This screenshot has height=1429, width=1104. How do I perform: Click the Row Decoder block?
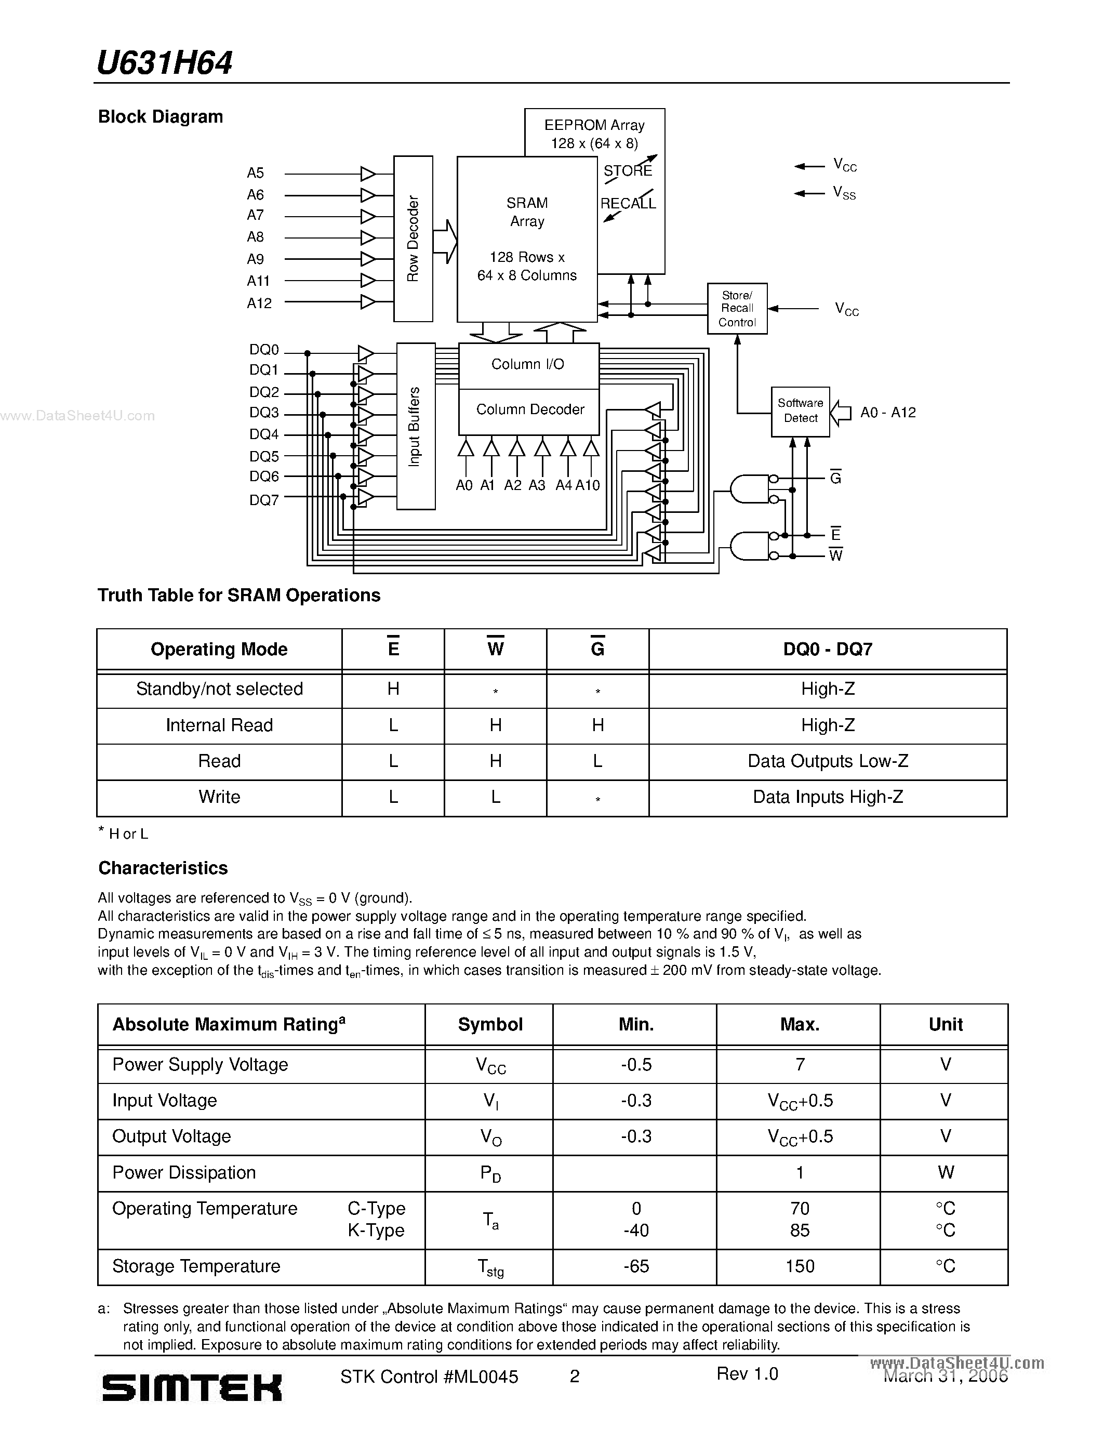coord(413,239)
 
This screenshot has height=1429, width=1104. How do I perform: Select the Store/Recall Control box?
coord(737,309)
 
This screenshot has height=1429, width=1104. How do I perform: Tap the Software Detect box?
coord(801,412)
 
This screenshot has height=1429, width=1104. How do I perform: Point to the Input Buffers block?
coord(415,427)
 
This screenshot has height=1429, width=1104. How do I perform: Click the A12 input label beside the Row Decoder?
coord(259,303)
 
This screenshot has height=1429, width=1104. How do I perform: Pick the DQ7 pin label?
coord(264,500)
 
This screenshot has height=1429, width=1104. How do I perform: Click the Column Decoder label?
coord(530,409)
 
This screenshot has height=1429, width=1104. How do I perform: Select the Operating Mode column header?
coord(219,649)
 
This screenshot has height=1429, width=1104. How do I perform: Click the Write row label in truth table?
coord(219,797)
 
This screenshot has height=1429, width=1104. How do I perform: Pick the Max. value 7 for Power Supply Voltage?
coord(799,1065)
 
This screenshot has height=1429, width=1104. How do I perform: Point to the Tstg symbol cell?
coord(490,1267)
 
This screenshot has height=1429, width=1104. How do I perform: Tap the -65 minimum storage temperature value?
coord(636,1266)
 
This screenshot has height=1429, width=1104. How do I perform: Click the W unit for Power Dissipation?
coord(945,1172)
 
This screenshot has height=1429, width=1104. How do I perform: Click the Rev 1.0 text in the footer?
coord(747,1373)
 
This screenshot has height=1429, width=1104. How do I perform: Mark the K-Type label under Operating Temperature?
coord(376,1230)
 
